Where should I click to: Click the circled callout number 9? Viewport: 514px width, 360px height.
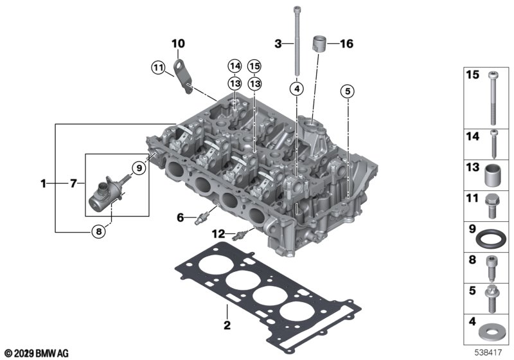139,168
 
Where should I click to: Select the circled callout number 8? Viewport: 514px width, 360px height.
99,232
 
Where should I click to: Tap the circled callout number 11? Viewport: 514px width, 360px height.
158,68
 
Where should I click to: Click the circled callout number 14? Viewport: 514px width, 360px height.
235,66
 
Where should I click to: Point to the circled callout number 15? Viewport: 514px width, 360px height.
254,66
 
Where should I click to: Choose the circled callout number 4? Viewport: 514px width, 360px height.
297,89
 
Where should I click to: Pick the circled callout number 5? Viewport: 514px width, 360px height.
348,91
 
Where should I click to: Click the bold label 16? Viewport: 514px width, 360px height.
347,44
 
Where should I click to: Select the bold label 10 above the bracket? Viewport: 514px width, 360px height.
179,43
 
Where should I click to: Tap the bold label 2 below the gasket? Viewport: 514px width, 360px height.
227,325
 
